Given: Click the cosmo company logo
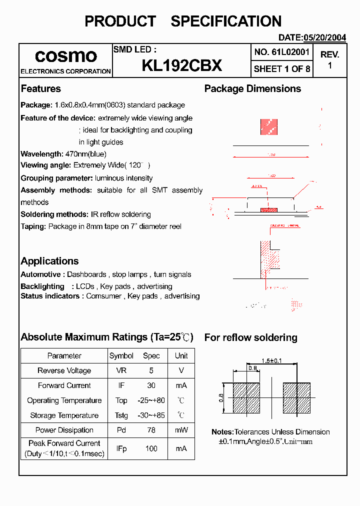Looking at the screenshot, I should (x=66, y=55).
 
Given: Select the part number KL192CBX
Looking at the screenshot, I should (x=182, y=66).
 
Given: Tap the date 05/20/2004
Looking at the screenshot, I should (x=324, y=37).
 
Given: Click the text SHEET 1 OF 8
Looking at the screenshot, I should (x=282, y=69).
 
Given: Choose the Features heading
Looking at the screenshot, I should (x=40, y=89).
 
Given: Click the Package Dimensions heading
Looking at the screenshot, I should (x=252, y=89).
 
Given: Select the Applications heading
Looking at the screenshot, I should (x=49, y=261).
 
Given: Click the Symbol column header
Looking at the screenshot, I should (x=121, y=356).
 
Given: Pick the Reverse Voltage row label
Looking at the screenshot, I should (x=64, y=370).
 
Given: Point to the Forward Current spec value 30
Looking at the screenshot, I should (x=151, y=385).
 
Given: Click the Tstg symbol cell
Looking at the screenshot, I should (x=121, y=415).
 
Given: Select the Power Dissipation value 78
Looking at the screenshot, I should (x=151, y=430).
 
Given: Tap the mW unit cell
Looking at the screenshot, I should (x=181, y=430).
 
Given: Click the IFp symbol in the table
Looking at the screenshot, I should (x=121, y=448).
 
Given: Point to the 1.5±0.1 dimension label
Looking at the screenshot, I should (x=271, y=360).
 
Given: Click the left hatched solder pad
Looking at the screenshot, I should (x=247, y=398).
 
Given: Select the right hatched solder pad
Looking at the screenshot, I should (x=297, y=398).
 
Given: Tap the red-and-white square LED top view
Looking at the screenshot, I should (x=269, y=127).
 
